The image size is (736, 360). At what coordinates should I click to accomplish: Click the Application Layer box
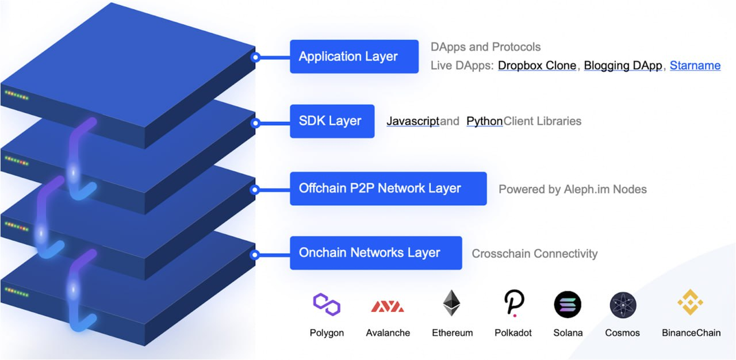(x=354, y=56)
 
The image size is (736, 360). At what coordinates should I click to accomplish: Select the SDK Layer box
(x=332, y=121)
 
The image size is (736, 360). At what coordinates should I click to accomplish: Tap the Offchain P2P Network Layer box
(x=388, y=188)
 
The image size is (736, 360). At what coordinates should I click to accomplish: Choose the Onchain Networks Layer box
(x=375, y=252)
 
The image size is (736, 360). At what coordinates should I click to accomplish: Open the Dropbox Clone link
(x=537, y=66)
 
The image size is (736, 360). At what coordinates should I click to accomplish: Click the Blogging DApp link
(x=623, y=66)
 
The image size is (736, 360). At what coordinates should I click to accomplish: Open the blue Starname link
(x=695, y=66)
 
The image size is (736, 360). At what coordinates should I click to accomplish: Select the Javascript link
(x=413, y=121)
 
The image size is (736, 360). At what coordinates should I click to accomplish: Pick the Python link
(x=484, y=121)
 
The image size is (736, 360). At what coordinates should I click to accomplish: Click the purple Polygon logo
(x=327, y=304)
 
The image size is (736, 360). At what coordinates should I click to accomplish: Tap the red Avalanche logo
(x=388, y=306)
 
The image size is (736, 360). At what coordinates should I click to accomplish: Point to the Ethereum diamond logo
(x=452, y=303)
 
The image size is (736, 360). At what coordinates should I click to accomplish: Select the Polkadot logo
(x=513, y=303)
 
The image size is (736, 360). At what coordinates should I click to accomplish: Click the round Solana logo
(x=568, y=304)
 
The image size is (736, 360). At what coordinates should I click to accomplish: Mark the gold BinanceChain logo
(x=691, y=302)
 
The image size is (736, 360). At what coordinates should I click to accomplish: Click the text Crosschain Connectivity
(x=535, y=254)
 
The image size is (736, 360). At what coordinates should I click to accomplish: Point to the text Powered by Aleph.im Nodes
(x=572, y=189)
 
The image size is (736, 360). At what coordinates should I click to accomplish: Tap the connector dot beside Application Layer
(x=256, y=57)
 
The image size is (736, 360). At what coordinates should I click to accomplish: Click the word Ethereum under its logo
(x=453, y=333)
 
